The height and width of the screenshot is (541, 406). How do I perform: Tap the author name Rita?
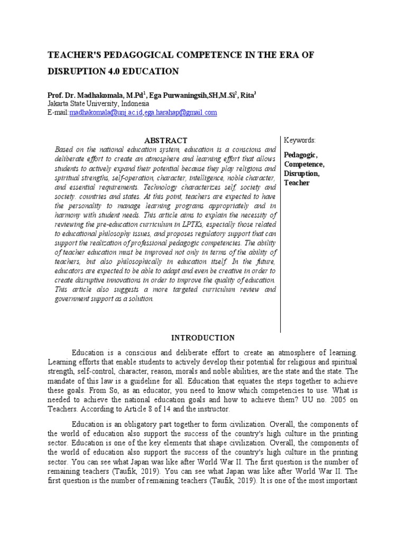pyautogui.click(x=246, y=95)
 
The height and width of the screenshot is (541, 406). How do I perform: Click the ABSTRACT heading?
pyautogui.click(x=165, y=141)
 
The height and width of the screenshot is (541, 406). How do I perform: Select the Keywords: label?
pyautogui.click(x=300, y=141)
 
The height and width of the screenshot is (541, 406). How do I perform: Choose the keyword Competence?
pyautogui.click(x=304, y=164)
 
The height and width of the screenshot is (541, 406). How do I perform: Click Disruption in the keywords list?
pyautogui.click(x=302, y=173)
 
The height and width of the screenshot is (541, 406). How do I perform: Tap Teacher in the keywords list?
pyautogui.click(x=297, y=183)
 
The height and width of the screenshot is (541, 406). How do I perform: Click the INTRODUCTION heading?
pyautogui.click(x=202, y=338)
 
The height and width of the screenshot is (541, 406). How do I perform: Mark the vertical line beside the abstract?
pyautogui.click(x=280, y=232)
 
